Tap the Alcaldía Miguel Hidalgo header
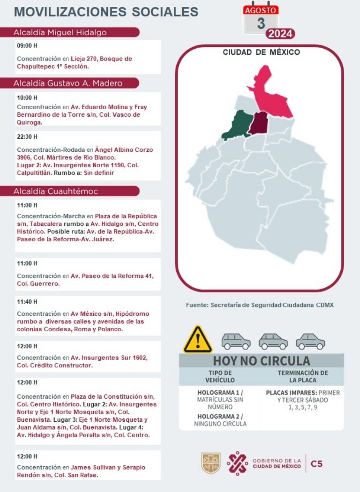60,32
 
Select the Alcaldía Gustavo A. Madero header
68,83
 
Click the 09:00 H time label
27,46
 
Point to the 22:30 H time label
27,136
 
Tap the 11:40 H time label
27,302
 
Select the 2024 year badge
280,34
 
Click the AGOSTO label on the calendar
261,9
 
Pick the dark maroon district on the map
258,123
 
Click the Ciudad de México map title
261,52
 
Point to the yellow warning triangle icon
198,341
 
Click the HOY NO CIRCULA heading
261,361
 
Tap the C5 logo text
316,464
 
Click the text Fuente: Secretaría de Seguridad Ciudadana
259,305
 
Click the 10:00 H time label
27,98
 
